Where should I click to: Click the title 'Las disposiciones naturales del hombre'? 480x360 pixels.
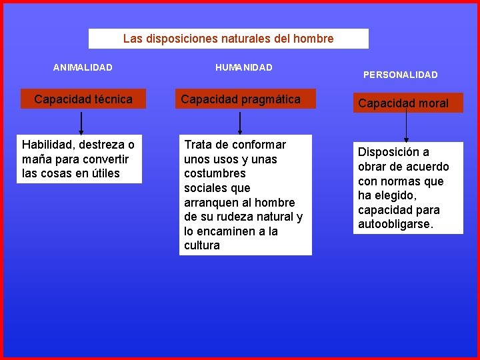228,39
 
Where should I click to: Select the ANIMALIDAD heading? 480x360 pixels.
83,67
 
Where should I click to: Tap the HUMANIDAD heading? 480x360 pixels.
244,67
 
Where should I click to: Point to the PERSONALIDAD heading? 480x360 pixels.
400,75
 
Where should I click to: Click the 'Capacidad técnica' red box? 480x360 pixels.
83,99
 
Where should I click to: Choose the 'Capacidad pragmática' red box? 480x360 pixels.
241,99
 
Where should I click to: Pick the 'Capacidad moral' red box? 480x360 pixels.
403,103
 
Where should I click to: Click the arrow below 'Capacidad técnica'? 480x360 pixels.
81,123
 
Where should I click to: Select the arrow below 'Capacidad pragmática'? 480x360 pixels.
240,123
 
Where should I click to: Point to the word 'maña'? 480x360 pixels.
35,159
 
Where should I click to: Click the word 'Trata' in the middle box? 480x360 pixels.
199,145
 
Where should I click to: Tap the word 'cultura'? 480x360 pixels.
201,245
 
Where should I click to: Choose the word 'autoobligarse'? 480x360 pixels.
395,224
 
